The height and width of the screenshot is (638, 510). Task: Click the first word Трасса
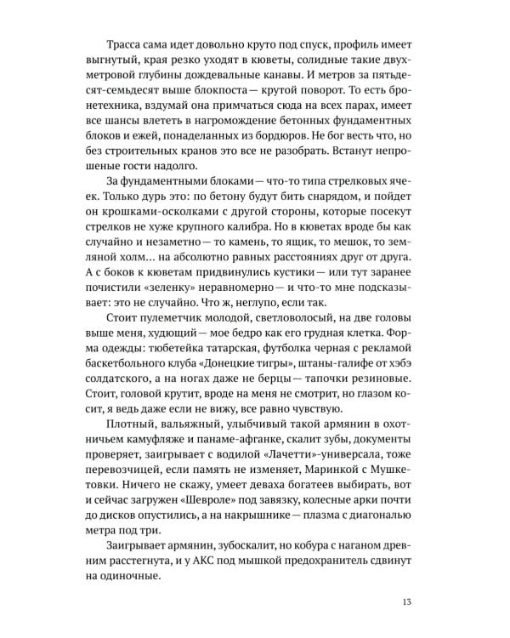tap(125, 40)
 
